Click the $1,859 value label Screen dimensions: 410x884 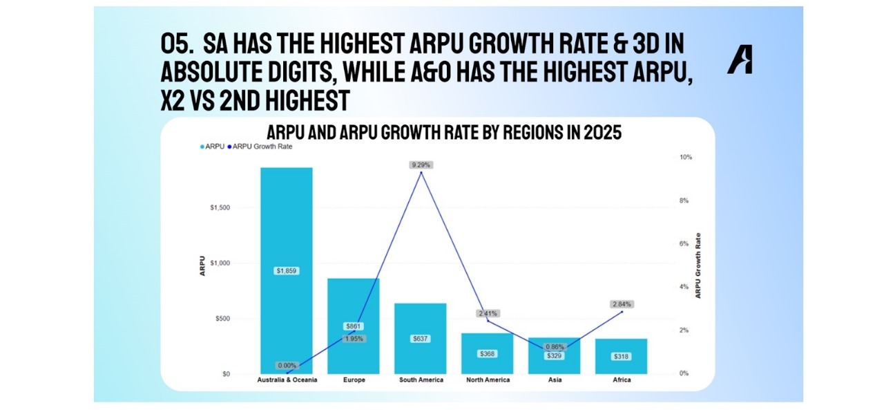(x=286, y=271)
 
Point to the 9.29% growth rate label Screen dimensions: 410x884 (x=421, y=165)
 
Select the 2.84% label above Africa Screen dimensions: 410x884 (x=622, y=304)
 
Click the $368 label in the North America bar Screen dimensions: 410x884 (x=488, y=354)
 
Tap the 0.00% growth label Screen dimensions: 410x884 (x=287, y=366)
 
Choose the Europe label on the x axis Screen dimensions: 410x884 (x=354, y=380)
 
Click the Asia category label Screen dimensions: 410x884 (x=555, y=380)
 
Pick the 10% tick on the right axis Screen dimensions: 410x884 (x=685, y=158)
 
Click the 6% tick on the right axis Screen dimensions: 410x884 (x=684, y=244)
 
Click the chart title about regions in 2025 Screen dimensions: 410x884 (x=444, y=133)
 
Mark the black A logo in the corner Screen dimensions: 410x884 (x=740, y=61)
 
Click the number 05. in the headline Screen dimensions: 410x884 (x=177, y=44)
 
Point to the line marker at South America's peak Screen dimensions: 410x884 (x=421, y=173)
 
